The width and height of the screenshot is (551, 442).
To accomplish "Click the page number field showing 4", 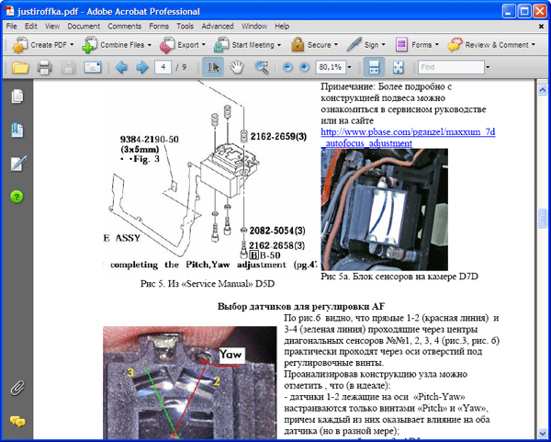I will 166,67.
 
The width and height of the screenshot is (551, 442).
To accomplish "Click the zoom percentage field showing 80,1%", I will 330,67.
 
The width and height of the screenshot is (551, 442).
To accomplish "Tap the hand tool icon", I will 237,67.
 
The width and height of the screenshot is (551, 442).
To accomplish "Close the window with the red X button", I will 537,9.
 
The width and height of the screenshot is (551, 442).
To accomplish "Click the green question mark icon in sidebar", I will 17,197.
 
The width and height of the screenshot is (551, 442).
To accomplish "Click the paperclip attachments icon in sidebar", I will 17,387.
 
